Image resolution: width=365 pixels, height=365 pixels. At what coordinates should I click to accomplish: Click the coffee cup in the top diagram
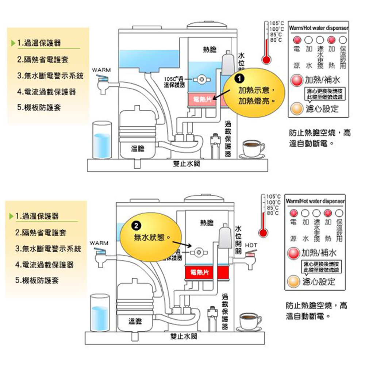pyautogui.click(x=253, y=147)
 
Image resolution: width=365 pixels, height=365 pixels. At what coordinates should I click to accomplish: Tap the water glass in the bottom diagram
pyautogui.click(x=100, y=314)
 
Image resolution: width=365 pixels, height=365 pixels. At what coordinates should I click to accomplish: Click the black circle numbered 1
pyautogui.click(x=239, y=78)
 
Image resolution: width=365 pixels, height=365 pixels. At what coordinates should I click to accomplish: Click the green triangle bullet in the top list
pyautogui.click(x=14, y=43)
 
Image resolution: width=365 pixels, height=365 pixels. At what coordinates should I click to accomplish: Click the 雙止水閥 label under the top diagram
pyautogui.click(x=186, y=164)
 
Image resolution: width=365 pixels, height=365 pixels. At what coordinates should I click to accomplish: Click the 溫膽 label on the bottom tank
pyautogui.click(x=135, y=321)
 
